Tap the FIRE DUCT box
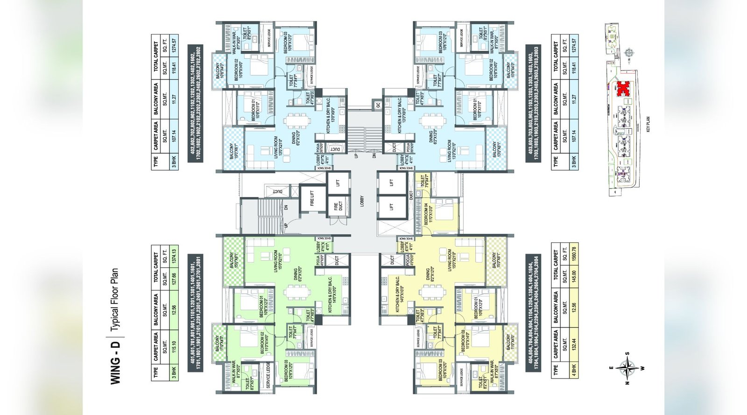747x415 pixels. point(338,206)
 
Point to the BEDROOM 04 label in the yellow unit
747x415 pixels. point(426,214)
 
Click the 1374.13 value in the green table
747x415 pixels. point(174,256)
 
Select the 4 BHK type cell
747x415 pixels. point(574,371)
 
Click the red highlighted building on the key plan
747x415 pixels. point(621,88)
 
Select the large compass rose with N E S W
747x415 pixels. point(627,368)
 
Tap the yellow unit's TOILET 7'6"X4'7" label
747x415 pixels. point(423,181)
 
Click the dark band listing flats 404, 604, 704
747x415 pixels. point(533,313)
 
